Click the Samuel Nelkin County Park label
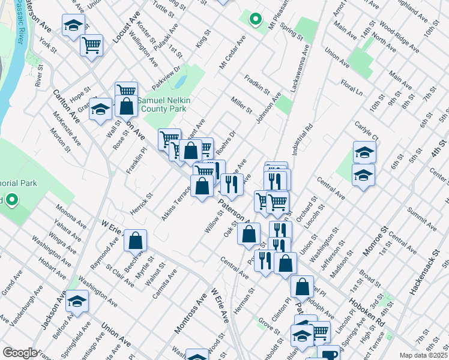(161, 105)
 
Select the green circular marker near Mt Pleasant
(255, 19)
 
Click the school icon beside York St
(73, 26)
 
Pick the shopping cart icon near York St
(91, 44)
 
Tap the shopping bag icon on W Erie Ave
(136, 240)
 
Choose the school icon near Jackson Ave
(77, 301)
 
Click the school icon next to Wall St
(101, 109)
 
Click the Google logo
(19, 353)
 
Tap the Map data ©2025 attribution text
(424, 355)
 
